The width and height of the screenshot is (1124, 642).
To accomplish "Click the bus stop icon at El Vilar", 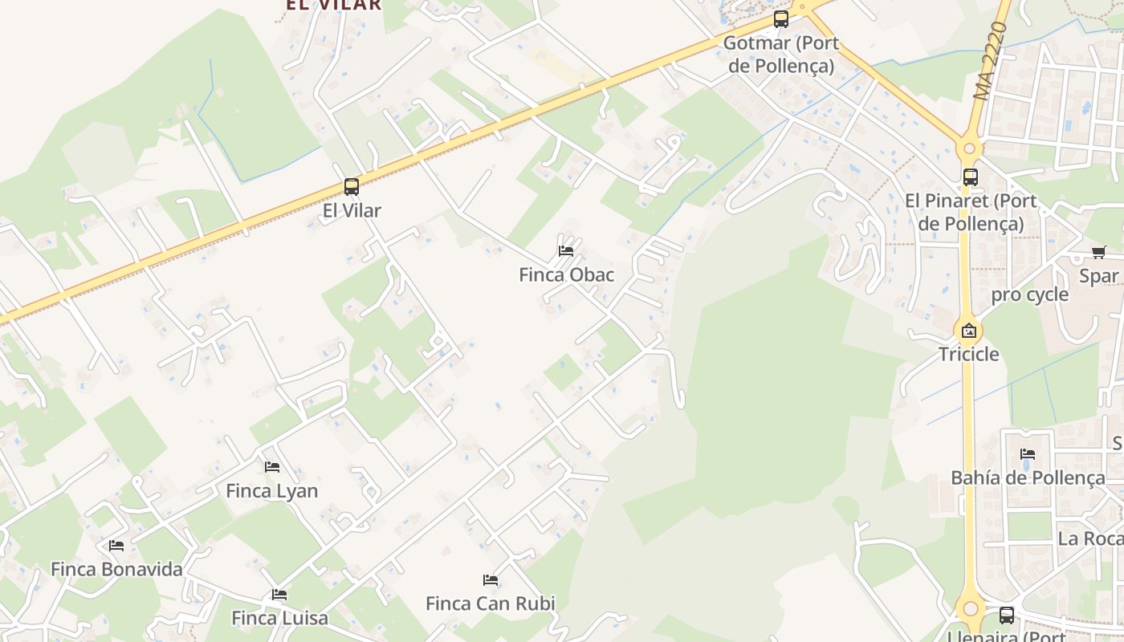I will coord(351,187).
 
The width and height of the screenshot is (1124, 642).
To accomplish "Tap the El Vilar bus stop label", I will coord(351,211).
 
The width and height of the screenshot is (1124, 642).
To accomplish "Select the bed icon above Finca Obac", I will coord(566,250).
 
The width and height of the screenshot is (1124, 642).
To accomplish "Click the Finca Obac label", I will coord(566,275).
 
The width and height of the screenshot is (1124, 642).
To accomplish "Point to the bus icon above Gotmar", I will coord(780,19).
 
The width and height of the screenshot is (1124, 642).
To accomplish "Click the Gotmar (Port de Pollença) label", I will coord(780,54).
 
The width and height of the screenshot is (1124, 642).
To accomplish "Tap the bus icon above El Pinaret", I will coord(970,177).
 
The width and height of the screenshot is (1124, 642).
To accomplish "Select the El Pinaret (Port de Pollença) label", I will coord(971,212).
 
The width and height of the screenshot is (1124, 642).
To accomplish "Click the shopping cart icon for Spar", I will coord(1099,253).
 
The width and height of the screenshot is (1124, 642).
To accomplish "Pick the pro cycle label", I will coord(1029,295).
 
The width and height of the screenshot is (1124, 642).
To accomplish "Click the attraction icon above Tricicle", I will coord(969,330).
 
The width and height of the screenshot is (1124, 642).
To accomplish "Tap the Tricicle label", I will coord(969,354).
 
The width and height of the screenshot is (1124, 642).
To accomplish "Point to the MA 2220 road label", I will coord(988,62).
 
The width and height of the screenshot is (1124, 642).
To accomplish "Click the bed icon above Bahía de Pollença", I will coord(1027,454).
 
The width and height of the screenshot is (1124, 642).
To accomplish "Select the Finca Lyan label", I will coord(271,491).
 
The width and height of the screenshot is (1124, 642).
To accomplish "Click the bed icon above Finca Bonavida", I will coord(116,546).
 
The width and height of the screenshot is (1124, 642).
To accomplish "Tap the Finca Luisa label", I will coord(279,618).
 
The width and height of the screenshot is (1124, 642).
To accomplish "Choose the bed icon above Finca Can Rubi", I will coord(490,580).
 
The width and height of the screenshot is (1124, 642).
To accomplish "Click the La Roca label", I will coord(1089,538).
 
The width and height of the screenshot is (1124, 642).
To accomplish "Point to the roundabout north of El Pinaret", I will coord(970,148).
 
